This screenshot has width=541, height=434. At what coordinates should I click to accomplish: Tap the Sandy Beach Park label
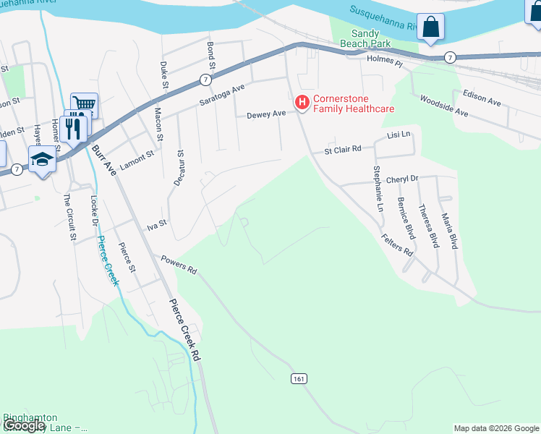pyautogui.click(x=370, y=39)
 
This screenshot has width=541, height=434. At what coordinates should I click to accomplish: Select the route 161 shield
pyautogui.click(x=299, y=378)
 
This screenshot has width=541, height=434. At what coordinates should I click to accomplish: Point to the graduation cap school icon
pyautogui.click(x=42, y=159)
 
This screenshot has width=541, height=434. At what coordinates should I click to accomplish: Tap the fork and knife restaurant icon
pyautogui.click(x=74, y=127)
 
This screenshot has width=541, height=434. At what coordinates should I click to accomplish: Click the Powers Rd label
pyautogui.click(x=179, y=265)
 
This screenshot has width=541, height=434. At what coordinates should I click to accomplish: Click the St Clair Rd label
pyautogui.click(x=342, y=150)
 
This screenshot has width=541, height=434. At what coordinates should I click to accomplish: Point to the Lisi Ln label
pyautogui.click(x=399, y=135)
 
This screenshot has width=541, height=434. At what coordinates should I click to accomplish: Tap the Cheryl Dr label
pyautogui.click(x=402, y=179)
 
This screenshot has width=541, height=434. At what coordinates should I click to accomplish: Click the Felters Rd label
pyautogui.click(x=398, y=244)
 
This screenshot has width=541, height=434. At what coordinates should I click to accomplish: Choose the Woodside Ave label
pyautogui.click(x=444, y=108)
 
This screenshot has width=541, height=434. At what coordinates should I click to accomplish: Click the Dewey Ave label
pyautogui.click(x=267, y=114)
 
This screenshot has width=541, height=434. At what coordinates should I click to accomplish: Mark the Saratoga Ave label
pyautogui.click(x=223, y=95)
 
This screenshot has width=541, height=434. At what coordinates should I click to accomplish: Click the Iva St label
pyautogui.click(x=157, y=226)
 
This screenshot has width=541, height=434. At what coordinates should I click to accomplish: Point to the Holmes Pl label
pyautogui.click(x=384, y=63)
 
